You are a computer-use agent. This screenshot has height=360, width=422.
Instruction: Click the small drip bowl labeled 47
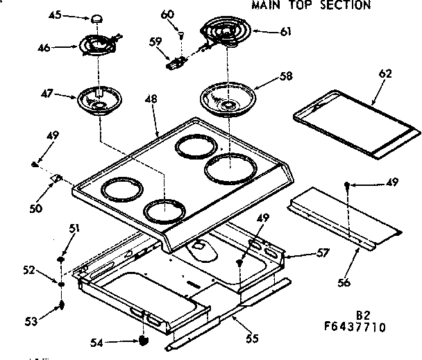(x=99, y=98)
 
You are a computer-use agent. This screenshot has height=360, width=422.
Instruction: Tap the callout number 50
(x=35, y=207)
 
